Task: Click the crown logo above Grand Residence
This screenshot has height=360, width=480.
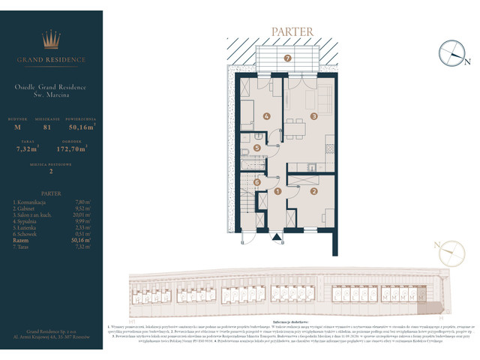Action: [x=52, y=39]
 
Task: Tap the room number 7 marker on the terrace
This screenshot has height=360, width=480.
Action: [x=287, y=58]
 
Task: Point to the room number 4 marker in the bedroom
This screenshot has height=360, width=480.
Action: [x=267, y=115]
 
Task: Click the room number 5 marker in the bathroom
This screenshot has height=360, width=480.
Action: [x=257, y=148]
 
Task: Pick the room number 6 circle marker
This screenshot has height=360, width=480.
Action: [x=256, y=181]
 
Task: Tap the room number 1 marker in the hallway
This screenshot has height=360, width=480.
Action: [x=277, y=191]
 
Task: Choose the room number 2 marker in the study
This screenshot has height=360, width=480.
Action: [x=314, y=191]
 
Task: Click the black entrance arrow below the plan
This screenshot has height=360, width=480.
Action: [x=277, y=238]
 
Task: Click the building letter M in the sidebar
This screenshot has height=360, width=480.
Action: [x=18, y=127]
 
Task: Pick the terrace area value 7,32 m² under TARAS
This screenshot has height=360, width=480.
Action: [x=27, y=149]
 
